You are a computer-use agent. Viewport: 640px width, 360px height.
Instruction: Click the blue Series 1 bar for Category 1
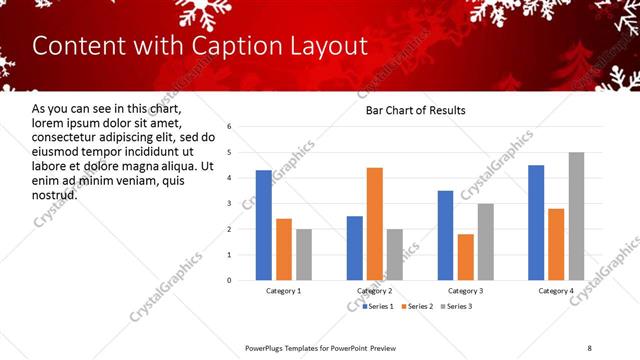point(264,225)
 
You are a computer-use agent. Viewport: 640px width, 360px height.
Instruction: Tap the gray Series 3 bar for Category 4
point(577,216)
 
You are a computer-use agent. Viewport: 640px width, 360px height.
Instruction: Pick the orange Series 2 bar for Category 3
point(466,257)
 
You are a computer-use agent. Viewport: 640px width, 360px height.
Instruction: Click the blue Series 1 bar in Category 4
point(536,222)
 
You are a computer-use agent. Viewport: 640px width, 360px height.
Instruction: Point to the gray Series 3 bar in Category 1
point(304,254)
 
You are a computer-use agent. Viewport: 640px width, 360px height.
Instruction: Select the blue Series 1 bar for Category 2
point(355,248)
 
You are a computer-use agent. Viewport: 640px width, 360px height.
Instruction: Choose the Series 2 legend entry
point(416,306)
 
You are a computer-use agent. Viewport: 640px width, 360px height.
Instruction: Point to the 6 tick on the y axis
point(229,127)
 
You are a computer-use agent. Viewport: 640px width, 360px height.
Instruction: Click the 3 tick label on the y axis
point(229,204)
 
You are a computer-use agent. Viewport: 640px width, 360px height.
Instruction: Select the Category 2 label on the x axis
point(374,291)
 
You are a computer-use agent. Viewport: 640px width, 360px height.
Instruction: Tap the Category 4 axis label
point(556,291)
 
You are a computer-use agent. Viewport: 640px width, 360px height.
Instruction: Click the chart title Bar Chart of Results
point(415,110)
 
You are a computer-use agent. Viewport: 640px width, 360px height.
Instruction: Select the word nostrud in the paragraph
point(55,194)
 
